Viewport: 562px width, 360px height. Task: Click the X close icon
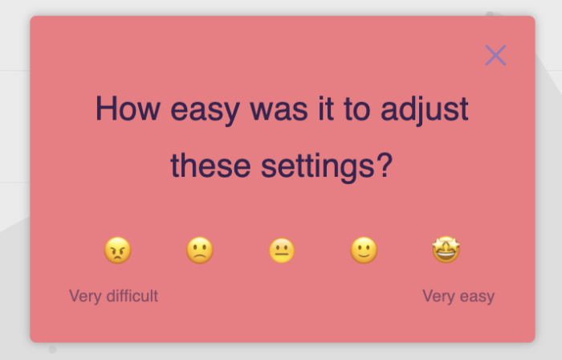495,55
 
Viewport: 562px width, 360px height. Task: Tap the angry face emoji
117,250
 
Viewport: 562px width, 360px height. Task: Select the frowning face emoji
200,250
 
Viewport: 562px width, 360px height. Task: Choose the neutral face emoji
282,250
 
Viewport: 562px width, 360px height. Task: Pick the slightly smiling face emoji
364,250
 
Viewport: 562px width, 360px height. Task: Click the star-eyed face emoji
446,250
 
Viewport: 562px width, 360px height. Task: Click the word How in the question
128,108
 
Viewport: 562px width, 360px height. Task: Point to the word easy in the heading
205,111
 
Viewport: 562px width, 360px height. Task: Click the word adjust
425,110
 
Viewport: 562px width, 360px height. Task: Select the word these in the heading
210,166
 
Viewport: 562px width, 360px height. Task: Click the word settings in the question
318,168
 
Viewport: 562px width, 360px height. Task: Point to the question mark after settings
385,165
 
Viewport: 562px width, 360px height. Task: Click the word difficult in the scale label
132,296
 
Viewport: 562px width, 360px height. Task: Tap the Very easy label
458,297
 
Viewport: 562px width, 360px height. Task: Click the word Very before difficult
85,297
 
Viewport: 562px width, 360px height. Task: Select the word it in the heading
326,108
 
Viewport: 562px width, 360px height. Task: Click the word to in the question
356,110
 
